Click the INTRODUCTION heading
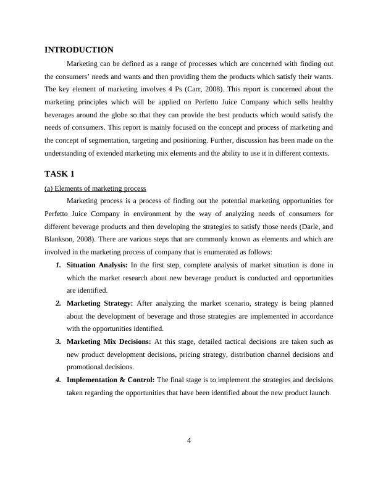pos(79,50)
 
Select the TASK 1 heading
pos(59,173)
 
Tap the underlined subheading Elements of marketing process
pos(95,188)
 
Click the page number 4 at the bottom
pos(189,440)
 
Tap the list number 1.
pos(57,265)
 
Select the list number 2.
pos(57,303)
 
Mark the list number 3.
pos(57,341)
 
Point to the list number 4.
pos(57,380)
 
